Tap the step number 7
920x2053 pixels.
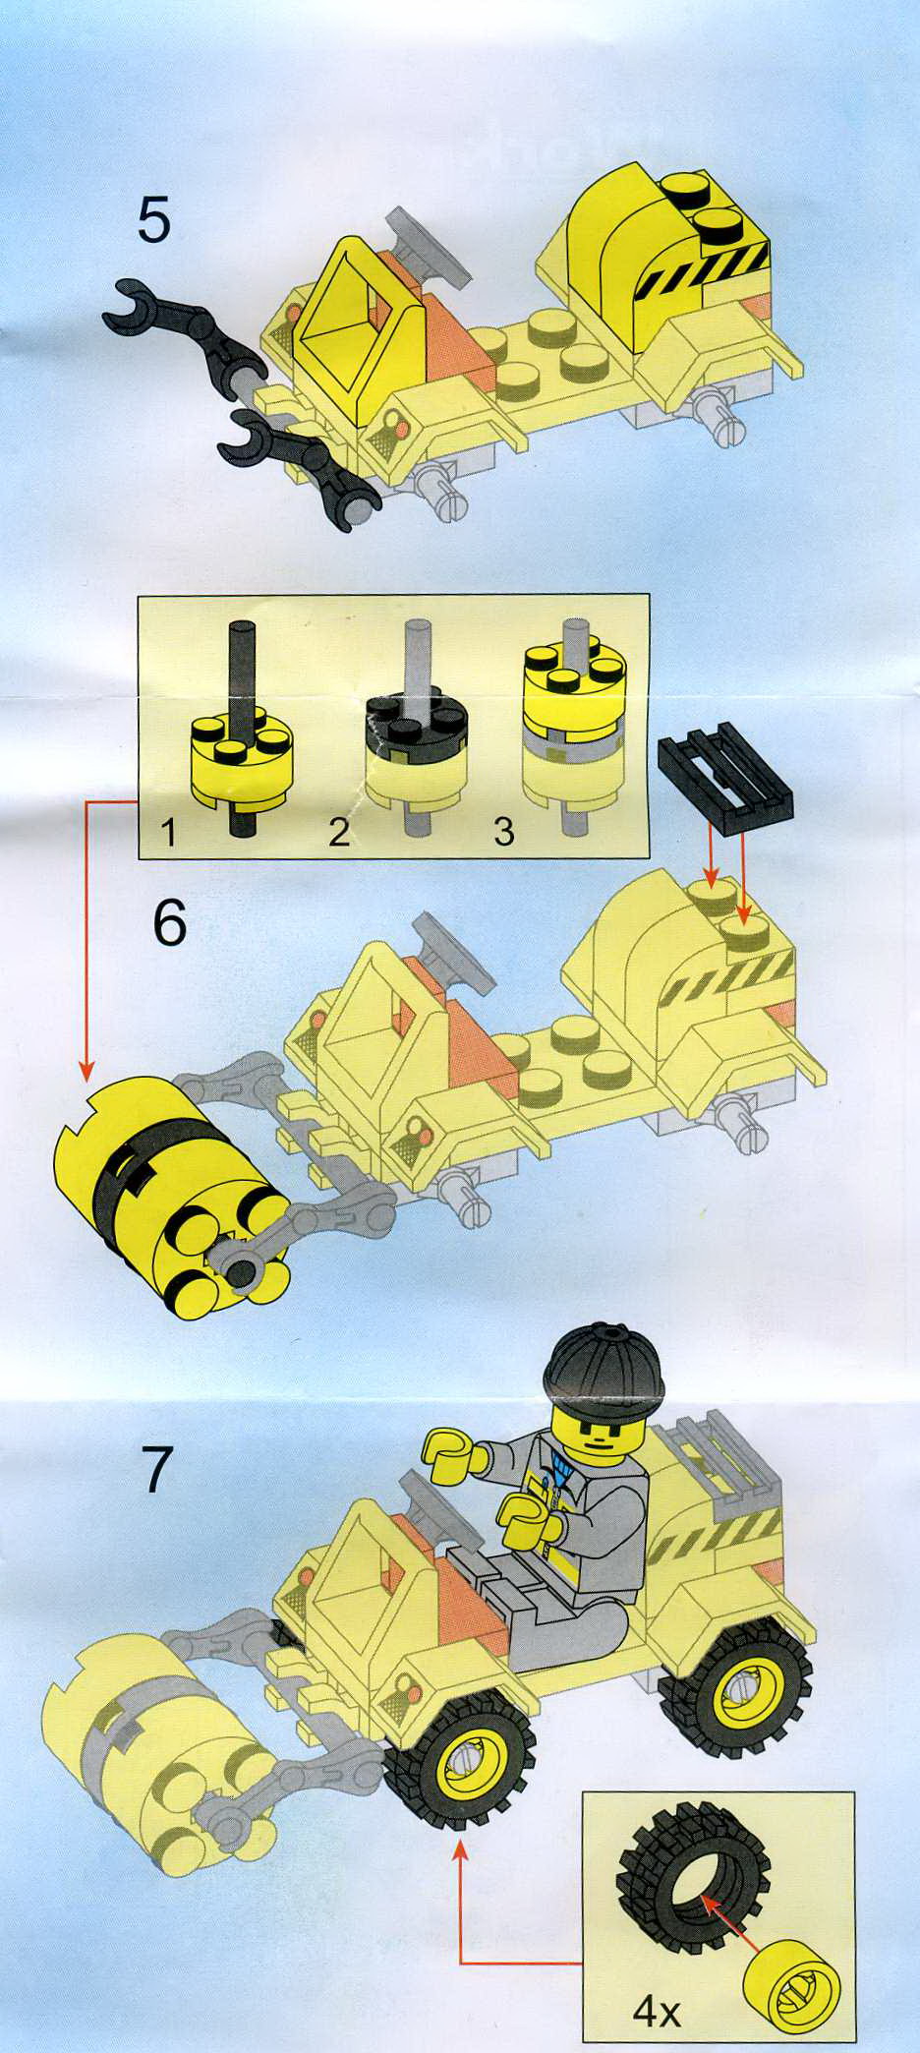(x=157, y=1471)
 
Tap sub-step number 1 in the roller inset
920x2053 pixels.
(x=169, y=834)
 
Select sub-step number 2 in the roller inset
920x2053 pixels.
(x=339, y=834)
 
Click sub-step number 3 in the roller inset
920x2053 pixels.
(x=503, y=833)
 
